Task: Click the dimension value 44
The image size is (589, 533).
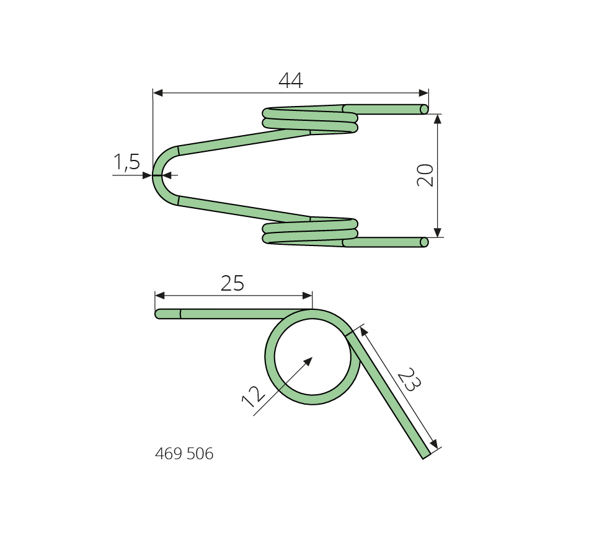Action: (291, 81)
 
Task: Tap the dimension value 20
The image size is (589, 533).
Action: (425, 175)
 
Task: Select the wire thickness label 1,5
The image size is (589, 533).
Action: (126, 162)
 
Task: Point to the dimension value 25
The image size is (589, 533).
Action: (232, 283)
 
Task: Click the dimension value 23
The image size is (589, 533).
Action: (409, 379)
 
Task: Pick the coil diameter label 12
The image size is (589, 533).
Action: (253, 397)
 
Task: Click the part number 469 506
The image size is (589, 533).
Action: (184, 454)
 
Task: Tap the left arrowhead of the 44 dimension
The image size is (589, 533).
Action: (157, 93)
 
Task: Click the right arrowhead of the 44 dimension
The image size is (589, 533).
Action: (423, 93)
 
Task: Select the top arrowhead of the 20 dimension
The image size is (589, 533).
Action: (437, 119)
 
